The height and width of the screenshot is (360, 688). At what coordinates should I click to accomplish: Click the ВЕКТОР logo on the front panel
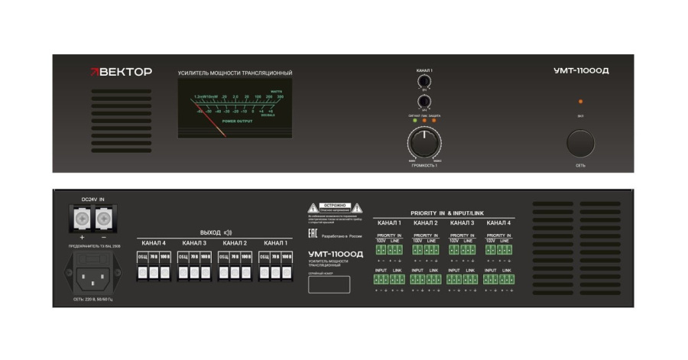point(122,72)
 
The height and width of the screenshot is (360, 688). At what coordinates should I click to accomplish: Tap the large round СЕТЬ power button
point(580,143)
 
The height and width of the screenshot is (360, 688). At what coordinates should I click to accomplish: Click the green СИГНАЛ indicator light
point(414,122)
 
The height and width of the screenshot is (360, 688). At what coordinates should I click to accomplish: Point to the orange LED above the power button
point(580,102)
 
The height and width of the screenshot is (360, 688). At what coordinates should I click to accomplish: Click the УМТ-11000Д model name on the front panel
point(581,71)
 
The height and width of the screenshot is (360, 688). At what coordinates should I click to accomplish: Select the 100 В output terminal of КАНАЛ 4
point(166,271)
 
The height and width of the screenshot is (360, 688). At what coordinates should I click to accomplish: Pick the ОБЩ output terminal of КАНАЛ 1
point(265,271)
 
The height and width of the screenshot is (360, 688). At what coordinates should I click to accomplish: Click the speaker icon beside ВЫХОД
point(227,232)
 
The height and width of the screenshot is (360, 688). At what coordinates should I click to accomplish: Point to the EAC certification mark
point(313,235)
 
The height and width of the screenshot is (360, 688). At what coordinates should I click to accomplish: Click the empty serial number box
point(329,284)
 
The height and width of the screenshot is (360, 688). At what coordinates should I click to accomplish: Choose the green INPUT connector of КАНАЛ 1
point(380,280)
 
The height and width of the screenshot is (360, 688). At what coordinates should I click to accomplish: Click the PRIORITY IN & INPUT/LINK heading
point(447,213)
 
